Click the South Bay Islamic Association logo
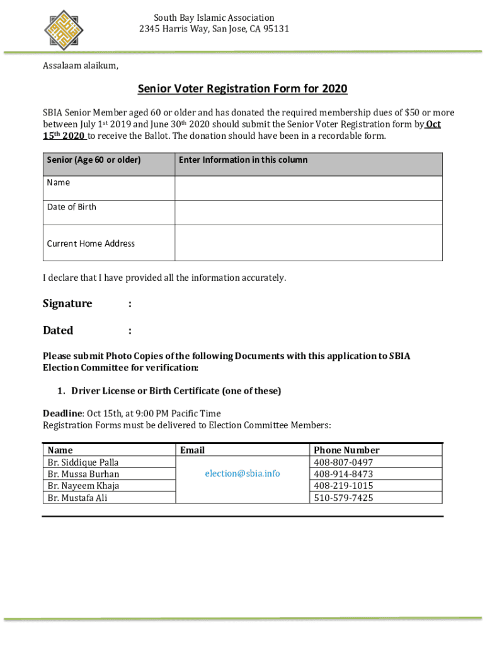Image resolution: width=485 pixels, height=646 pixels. (x=64, y=28)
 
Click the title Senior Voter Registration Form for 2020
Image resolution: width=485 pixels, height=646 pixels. (x=243, y=89)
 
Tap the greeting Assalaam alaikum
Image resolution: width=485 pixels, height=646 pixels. (x=80, y=66)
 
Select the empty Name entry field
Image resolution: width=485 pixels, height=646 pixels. (x=308, y=188)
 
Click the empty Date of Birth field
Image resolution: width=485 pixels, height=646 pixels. (x=308, y=213)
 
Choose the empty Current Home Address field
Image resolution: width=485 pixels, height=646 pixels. (x=308, y=243)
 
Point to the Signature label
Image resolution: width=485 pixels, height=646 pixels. (x=67, y=303)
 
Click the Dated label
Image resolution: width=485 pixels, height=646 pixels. (x=58, y=331)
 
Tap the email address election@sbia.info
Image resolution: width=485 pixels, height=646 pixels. (x=243, y=474)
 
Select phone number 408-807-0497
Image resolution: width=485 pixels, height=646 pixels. (x=343, y=462)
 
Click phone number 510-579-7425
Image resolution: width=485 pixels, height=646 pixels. (x=343, y=498)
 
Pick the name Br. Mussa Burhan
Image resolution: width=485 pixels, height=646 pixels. (x=83, y=474)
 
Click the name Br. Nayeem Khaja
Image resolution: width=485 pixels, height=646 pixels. (x=83, y=486)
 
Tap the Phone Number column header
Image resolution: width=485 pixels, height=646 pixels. (x=346, y=450)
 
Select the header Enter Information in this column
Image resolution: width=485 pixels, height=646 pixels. (x=243, y=160)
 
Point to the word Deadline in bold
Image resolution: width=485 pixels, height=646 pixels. (x=62, y=413)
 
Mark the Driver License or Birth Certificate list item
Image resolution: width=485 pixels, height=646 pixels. (x=176, y=391)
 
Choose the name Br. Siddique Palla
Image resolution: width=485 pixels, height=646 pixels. (x=83, y=462)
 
